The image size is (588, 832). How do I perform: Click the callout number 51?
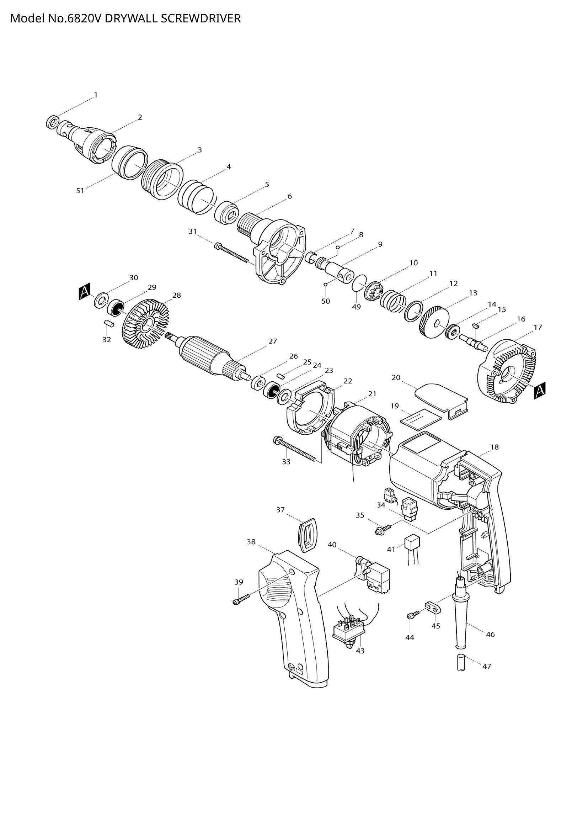tap(80, 191)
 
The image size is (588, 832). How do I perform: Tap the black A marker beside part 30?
tap(84, 292)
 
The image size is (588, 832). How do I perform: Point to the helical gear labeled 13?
tap(434, 323)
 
